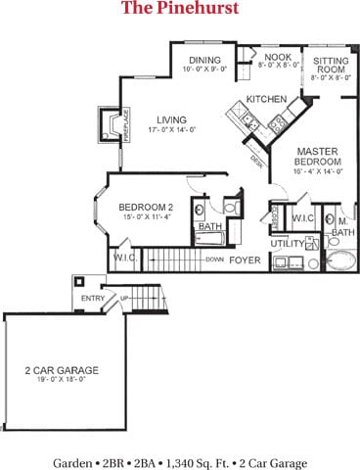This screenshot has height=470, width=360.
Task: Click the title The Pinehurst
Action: (x=179, y=10)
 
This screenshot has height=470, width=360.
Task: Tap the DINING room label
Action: (x=205, y=60)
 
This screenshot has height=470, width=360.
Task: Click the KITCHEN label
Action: (x=265, y=100)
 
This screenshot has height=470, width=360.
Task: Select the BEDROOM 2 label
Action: (x=147, y=208)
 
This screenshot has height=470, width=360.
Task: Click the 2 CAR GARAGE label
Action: (x=62, y=371)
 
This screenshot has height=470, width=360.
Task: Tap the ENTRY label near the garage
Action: (x=93, y=299)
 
